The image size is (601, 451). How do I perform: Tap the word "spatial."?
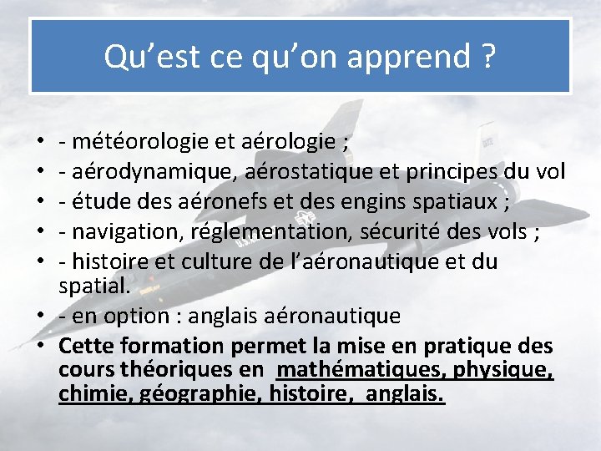point(94,286)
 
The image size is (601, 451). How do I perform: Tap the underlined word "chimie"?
point(86,393)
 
